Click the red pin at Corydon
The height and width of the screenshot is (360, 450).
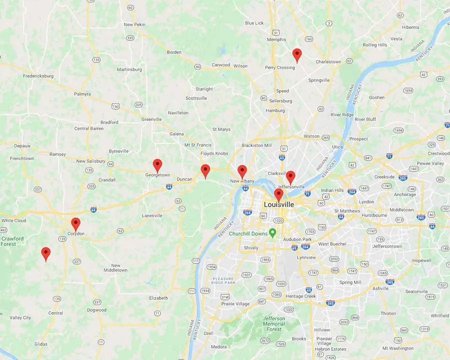tap(75, 223)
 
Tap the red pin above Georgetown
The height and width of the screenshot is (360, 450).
tap(157, 164)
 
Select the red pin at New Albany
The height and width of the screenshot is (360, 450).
tap(242, 171)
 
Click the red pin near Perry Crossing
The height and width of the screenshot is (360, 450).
tap(297, 54)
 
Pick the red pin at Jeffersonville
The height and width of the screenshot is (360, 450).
tap(290, 176)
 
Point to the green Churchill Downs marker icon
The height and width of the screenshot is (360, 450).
tap(272, 232)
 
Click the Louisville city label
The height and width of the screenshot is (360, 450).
tap(278, 204)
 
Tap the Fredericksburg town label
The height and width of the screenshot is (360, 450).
tap(38, 76)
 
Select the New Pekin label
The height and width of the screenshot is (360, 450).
tap(134, 24)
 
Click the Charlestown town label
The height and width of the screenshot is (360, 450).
tap(328, 62)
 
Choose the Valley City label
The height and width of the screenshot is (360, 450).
tap(20, 317)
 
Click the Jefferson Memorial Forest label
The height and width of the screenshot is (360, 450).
tap(273, 323)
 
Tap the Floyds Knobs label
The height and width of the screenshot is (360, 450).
tap(214, 153)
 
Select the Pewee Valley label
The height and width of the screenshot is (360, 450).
tap(430, 163)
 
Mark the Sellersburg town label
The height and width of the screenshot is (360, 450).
tap(280, 101)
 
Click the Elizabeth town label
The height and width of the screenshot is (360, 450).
tap(158, 298)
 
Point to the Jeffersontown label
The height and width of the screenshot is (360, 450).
tap(387, 246)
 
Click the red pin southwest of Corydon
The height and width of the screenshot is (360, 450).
tap(45, 253)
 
